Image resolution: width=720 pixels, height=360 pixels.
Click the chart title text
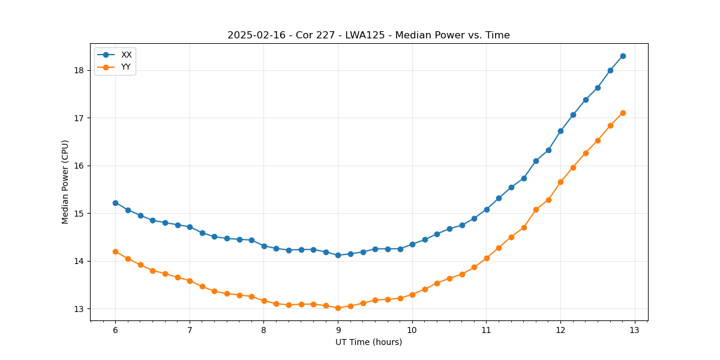pos(368,35)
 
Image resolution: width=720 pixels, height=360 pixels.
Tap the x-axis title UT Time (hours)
pos(368,342)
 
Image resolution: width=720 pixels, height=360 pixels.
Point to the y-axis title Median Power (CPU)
pos(65,182)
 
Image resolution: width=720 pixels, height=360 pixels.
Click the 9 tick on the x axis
pos(338,330)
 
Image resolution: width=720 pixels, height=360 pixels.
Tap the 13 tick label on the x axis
pos(635,330)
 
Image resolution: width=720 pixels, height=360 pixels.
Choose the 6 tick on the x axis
pos(115,330)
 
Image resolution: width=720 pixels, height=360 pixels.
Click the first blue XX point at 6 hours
pos(115,203)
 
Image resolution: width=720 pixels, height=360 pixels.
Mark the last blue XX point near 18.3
pos(623,56)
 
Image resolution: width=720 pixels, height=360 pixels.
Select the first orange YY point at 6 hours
pos(115,251)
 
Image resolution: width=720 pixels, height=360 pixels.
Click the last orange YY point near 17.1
pos(623,113)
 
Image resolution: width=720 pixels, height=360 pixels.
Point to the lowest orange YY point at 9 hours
pos(338,308)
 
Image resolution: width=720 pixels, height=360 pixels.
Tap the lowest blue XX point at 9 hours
pos(338,255)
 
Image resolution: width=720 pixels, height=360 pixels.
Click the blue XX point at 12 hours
pos(560,131)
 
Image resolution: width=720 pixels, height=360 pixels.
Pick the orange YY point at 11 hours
pos(487,258)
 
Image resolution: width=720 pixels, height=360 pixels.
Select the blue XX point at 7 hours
pos(190,227)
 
